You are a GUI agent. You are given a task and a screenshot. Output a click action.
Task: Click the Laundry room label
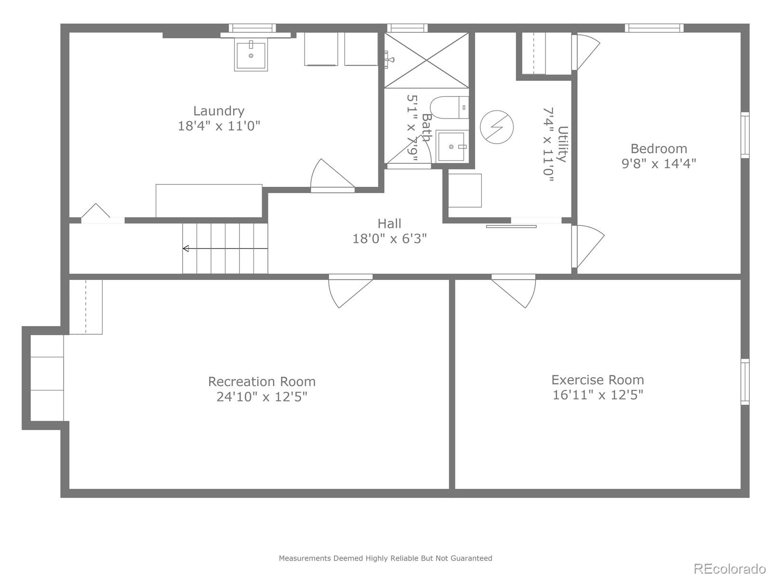219,111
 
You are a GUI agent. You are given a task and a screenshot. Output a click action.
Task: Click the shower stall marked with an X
426,60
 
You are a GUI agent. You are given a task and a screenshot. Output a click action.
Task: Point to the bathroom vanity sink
452,146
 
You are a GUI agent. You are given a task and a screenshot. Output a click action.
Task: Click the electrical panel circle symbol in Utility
497,127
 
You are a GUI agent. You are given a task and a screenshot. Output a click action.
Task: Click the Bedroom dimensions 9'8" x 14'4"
659,164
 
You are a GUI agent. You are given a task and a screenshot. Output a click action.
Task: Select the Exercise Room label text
598,380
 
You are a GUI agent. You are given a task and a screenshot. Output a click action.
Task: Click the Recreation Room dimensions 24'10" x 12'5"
262,397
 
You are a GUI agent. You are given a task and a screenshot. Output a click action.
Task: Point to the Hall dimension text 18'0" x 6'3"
389,238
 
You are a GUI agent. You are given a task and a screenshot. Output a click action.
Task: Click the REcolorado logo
730,568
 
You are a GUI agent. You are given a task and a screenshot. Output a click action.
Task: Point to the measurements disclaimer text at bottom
385,558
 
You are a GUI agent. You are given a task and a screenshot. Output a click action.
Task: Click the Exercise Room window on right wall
745,381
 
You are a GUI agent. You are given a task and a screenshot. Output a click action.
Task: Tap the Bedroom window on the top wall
654,28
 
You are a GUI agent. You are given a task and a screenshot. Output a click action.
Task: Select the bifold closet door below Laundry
96,213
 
